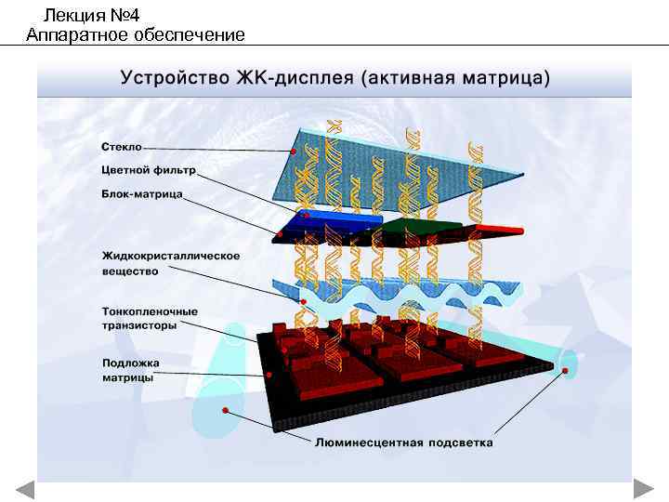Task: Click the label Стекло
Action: (122, 147)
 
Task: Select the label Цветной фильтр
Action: (149, 171)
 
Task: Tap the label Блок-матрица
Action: (141, 195)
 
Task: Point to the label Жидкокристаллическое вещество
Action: (170, 263)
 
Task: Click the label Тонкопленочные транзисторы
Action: (149, 318)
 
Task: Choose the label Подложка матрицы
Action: (130, 370)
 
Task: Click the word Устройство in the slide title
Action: (175, 76)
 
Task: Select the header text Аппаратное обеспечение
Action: (136, 35)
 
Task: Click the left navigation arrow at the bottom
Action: (25, 489)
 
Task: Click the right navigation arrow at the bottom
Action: (643, 489)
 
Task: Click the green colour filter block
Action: (414, 225)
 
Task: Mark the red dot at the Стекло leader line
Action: (294, 151)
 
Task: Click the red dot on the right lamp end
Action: (564, 370)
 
